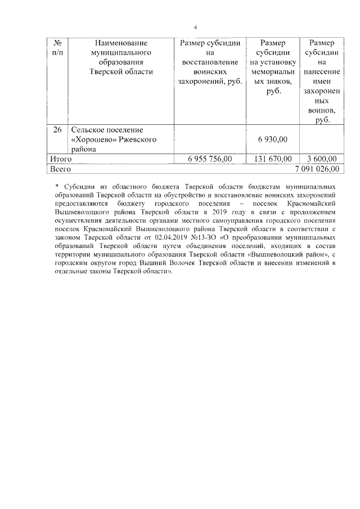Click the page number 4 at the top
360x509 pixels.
click(x=195, y=28)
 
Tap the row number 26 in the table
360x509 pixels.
click(x=57, y=130)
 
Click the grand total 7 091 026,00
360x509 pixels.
click(x=317, y=168)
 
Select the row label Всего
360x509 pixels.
click(x=60, y=168)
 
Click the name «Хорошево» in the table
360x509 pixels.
click(x=93, y=139)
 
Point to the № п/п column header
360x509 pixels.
click(x=57, y=47)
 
